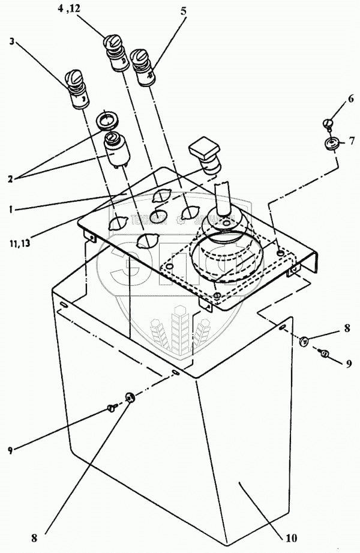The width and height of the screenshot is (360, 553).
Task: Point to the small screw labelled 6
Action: [328, 123]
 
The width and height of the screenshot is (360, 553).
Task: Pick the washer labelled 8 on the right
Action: [304, 342]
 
